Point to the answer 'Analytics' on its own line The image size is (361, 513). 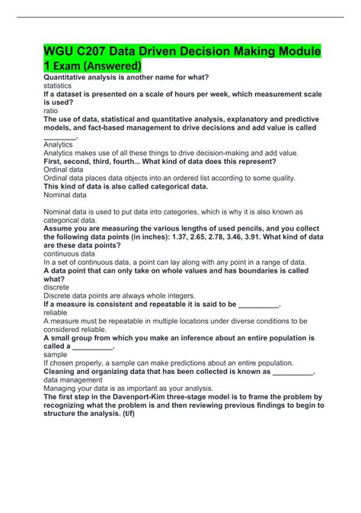59,144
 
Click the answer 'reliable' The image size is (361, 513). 56,311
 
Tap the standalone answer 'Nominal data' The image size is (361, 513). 65,195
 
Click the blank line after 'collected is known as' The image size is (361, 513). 292,371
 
